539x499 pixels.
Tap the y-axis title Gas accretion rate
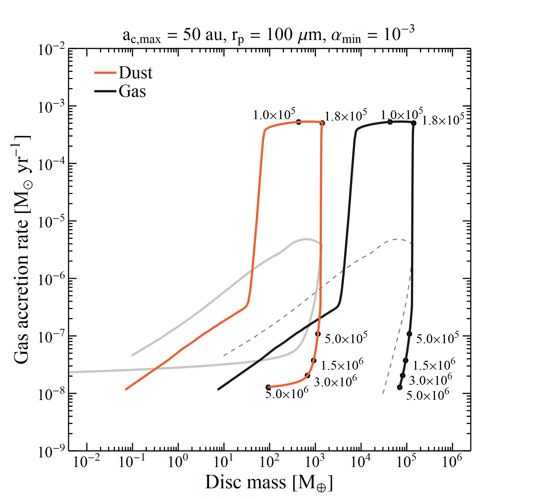click(22, 249)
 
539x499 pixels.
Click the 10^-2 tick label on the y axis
click(51, 49)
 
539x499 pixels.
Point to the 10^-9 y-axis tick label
click(51, 452)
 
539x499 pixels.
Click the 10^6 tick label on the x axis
click(452, 461)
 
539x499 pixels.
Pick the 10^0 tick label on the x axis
click(178, 461)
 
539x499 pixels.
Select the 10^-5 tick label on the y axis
click(51, 222)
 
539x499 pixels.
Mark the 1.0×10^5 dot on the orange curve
click(298, 122)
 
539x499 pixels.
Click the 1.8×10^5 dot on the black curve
click(414, 123)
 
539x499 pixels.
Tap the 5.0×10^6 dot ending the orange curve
click(268, 387)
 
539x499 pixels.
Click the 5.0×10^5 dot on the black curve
click(409, 334)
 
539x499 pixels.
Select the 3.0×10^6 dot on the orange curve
click(307, 375)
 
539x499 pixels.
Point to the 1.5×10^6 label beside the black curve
click(434, 365)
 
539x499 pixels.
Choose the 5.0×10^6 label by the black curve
click(427, 395)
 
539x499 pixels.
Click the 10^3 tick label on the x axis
click(315, 461)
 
